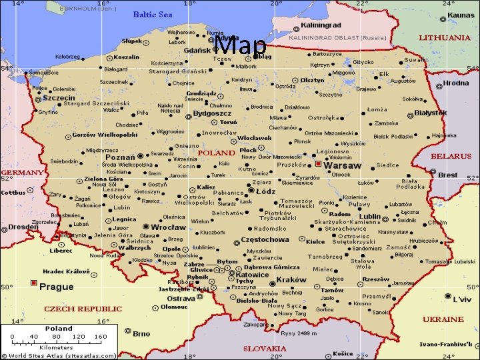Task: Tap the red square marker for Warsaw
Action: click(319, 163)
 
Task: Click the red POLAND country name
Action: click(216, 153)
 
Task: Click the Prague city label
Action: click(57, 287)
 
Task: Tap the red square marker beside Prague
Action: click(34, 283)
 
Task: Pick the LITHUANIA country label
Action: click(444, 38)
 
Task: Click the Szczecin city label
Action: click(59, 98)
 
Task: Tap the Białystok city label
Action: click(430, 114)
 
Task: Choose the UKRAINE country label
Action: click(443, 319)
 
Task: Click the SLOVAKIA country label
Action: click(265, 348)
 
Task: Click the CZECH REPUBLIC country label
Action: click(83, 309)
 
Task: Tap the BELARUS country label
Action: click(451, 156)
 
